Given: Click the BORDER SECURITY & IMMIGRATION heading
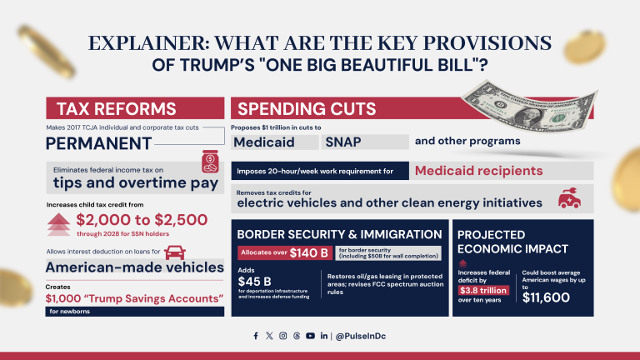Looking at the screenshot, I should coord(339,234).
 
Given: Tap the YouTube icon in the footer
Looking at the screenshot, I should coord(310,336).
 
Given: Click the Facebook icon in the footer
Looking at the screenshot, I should coord(256,336).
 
